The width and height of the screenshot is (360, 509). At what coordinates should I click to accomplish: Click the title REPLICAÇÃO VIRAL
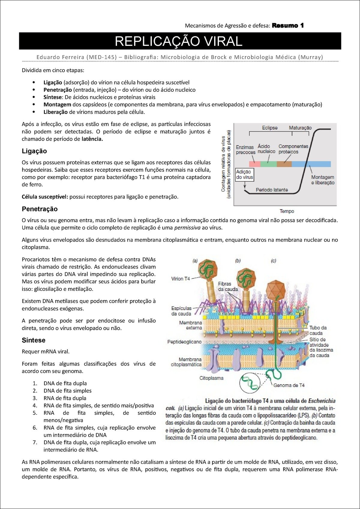(178, 41)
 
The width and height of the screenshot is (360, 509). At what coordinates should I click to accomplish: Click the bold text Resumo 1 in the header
(288, 25)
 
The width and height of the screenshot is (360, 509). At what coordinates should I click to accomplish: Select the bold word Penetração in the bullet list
(58, 90)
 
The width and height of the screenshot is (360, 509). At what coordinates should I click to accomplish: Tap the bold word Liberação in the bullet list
(55, 112)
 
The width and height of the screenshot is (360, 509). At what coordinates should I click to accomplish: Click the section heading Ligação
(34, 151)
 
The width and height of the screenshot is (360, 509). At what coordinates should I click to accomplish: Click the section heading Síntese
(34, 340)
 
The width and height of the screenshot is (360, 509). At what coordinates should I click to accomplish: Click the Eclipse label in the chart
(269, 128)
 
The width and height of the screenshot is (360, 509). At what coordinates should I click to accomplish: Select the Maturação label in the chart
(300, 128)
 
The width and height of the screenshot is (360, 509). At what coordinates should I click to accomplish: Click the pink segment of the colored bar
(254, 164)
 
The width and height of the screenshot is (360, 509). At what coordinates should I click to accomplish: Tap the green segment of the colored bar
(268, 164)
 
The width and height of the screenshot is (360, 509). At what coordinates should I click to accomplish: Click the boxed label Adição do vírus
(244, 174)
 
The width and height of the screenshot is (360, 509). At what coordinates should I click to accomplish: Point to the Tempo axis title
(287, 211)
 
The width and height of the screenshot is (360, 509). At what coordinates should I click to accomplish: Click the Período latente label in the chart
(271, 190)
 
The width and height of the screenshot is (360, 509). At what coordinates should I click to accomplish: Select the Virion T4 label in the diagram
(180, 278)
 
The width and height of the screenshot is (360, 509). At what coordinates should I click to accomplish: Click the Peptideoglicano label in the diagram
(184, 342)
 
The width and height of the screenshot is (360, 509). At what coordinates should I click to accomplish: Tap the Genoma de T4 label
(289, 385)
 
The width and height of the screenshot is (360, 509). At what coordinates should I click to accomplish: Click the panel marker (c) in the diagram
(273, 261)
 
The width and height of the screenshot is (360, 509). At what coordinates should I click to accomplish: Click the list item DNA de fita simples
(67, 391)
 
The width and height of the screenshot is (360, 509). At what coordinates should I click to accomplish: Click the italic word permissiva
(187, 228)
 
